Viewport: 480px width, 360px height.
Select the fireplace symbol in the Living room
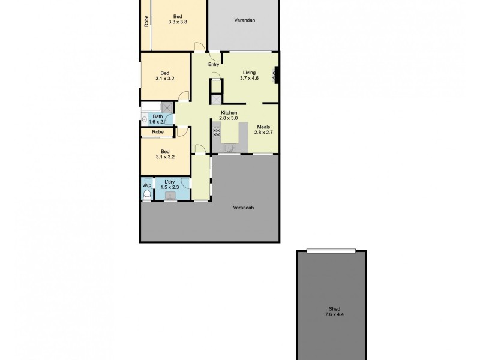click(x=275, y=74)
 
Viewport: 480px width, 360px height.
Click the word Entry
click(x=213, y=65)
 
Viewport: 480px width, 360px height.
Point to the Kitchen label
click(x=229, y=113)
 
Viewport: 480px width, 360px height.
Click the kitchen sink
click(x=229, y=148)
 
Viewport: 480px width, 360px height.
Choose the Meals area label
click(x=265, y=127)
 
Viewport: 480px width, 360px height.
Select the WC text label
click(x=146, y=185)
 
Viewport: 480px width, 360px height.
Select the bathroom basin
click(x=144, y=119)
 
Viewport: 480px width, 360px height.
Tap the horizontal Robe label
click(x=158, y=132)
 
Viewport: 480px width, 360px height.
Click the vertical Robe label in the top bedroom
click(x=146, y=21)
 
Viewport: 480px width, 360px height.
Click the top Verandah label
click(x=244, y=20)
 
